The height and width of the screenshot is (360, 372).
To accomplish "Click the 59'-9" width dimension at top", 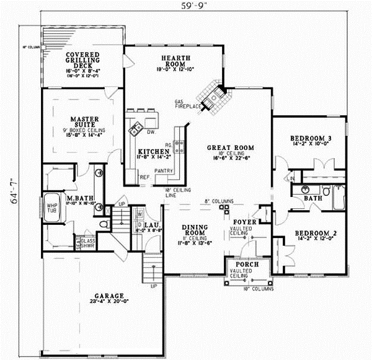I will [193, 7].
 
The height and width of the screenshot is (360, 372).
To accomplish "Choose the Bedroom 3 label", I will [311, 138].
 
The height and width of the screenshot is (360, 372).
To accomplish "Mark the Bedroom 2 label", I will [315, 234].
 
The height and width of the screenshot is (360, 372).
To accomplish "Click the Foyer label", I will [244, 220].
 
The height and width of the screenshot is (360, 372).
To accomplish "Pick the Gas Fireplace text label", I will [189, 103].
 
